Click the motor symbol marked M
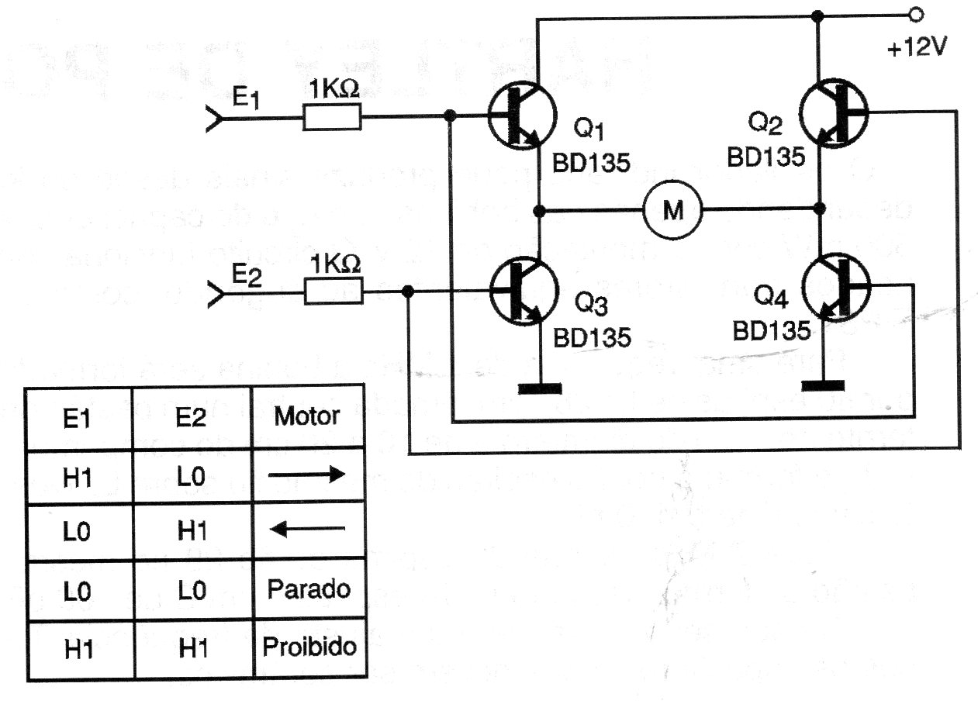[672, 210]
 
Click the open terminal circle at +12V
[916, 14]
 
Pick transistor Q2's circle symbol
[836, 114]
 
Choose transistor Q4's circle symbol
[836, 289]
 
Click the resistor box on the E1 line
[331, 118]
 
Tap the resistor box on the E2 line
[332, 292]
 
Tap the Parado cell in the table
[309, 588]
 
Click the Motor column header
[307, 416]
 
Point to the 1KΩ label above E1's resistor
[334, 89]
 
